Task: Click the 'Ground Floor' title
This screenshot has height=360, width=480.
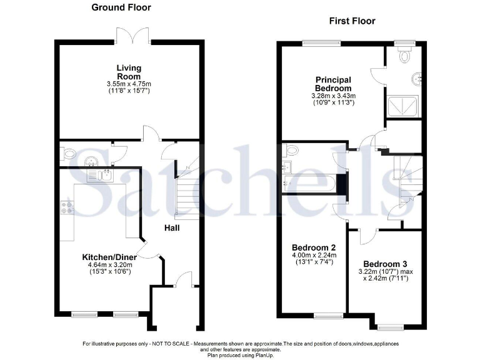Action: [x=121, y=7]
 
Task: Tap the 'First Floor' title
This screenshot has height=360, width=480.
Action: [x=352, y=21]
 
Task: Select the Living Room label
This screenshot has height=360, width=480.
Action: [x=129, y=72]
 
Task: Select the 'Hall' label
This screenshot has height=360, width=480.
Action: [x=172, y=227]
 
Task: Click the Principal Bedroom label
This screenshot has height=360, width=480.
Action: [x=333, y=84]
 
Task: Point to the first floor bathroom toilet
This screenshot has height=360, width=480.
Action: [x=291, y=151]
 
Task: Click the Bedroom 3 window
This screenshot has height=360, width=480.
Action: [x=391, y=326]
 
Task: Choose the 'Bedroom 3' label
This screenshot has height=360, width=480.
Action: [x=381, y=263]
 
